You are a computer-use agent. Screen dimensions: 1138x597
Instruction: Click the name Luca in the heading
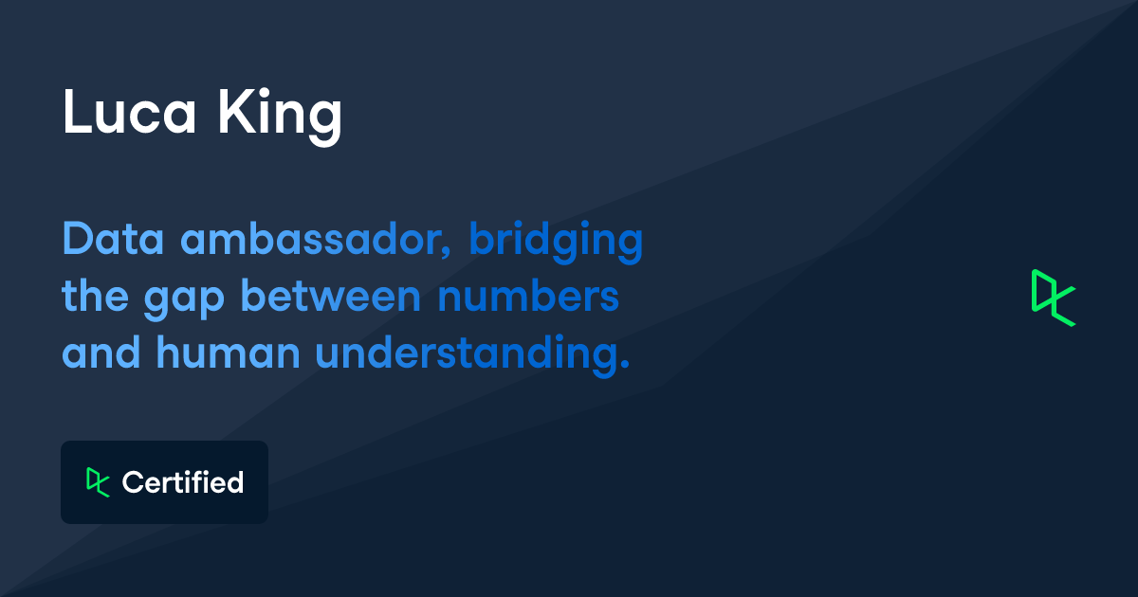click(129, 112)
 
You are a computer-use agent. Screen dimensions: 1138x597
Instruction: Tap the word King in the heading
click(280, 117)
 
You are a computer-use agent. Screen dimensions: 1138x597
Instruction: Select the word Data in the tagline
click(113, 239)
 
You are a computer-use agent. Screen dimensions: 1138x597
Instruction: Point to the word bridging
click(556, 243)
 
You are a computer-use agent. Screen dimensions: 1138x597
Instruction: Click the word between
click(331, 296)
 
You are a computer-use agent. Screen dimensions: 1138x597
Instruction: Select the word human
click(229, 352)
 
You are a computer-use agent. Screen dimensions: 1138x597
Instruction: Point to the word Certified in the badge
click(183, 482)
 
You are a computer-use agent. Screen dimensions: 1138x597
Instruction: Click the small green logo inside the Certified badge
click(98, 482)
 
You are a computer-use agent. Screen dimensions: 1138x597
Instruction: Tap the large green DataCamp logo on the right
click(1054, 298)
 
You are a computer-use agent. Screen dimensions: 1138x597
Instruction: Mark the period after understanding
click(625, 364)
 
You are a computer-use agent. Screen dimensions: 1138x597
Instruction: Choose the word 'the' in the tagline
click(95, 296)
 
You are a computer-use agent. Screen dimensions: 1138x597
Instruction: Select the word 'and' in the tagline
click(101, 352)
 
